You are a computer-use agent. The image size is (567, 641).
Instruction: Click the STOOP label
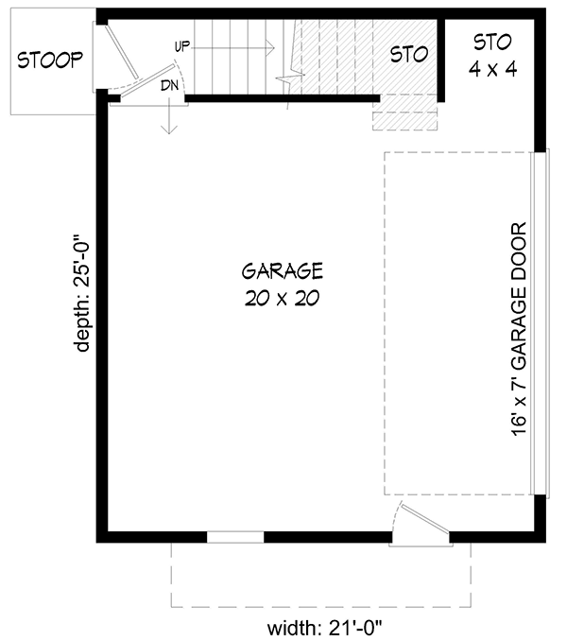pos(51,60)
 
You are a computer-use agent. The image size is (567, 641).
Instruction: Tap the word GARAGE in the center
pos(283,272)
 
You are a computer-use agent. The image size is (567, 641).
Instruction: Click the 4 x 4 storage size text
pos(492,69)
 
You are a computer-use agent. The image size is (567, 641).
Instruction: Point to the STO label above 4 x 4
pos(492,42)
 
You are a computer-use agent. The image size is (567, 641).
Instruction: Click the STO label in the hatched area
pos(410,54)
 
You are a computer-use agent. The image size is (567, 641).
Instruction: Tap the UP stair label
pos(183,45)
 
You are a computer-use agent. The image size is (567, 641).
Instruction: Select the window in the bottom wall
pos(235,537)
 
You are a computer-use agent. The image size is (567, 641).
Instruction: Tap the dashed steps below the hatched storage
pos(405,116)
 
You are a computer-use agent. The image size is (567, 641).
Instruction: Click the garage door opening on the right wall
pos(541,321)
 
